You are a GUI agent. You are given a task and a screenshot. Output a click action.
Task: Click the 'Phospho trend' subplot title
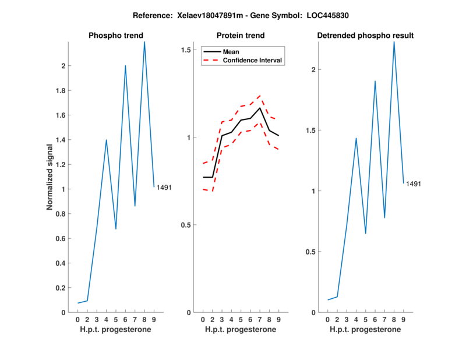pyautogui.click(x=115, y=36)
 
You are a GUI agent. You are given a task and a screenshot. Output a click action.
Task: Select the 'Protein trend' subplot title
pyautogui.click(x=241, y=36)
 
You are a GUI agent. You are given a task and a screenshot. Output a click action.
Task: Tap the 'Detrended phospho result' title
pyautogui.click(x=365, y=36)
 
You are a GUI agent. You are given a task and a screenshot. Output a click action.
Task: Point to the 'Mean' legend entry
pyautogui.click(x=231, y=52)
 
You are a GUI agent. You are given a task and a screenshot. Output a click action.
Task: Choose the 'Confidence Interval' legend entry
pyautogui.click(x=252, y=60)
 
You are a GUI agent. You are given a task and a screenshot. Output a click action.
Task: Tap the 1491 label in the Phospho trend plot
pyautogui.click(x=164, y=187)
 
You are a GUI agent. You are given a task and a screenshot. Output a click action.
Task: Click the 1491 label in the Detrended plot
pyautogui.click(x=414, y=184)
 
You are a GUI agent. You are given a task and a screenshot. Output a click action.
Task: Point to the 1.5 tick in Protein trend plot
pyautogui.click(x=186, y=50)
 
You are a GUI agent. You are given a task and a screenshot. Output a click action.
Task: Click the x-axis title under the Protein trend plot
pyautogui.click(x=240, y=330)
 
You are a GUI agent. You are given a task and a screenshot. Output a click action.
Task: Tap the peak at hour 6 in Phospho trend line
pyautogui.click(x=125, y=66)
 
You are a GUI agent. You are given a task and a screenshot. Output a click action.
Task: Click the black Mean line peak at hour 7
pyautogui.click(x=260, y=108)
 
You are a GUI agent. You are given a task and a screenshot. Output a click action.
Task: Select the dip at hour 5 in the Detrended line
pyautogui.click(x=366, y=234)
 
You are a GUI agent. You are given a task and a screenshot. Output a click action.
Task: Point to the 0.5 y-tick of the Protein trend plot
pyautogui.click(x=186, y=225)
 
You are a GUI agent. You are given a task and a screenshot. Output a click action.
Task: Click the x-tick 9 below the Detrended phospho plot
pyautogui.click(x=403, y=320)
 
